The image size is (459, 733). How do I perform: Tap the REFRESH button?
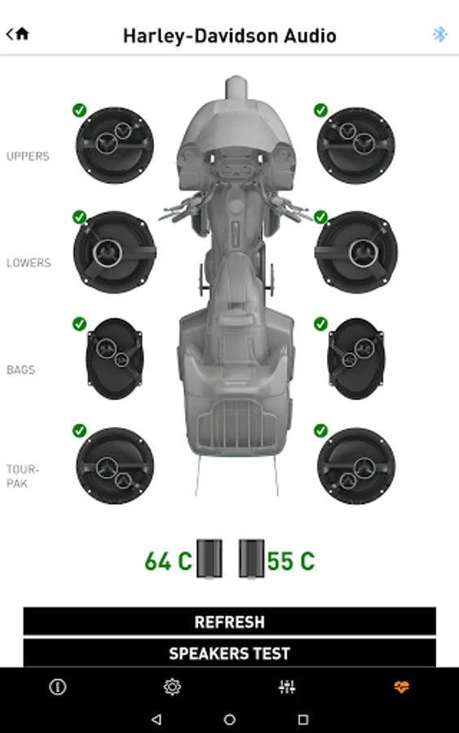229,621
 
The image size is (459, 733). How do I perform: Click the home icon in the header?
22,33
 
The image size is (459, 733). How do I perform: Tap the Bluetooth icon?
439,34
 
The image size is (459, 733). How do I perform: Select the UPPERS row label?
28,156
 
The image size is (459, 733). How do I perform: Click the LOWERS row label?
29,263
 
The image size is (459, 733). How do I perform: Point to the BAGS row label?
20,370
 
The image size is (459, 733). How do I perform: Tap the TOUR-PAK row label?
23,476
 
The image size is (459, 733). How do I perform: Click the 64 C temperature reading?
168,561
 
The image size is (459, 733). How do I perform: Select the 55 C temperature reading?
290,561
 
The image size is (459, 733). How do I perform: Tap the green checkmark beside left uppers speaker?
80,110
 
